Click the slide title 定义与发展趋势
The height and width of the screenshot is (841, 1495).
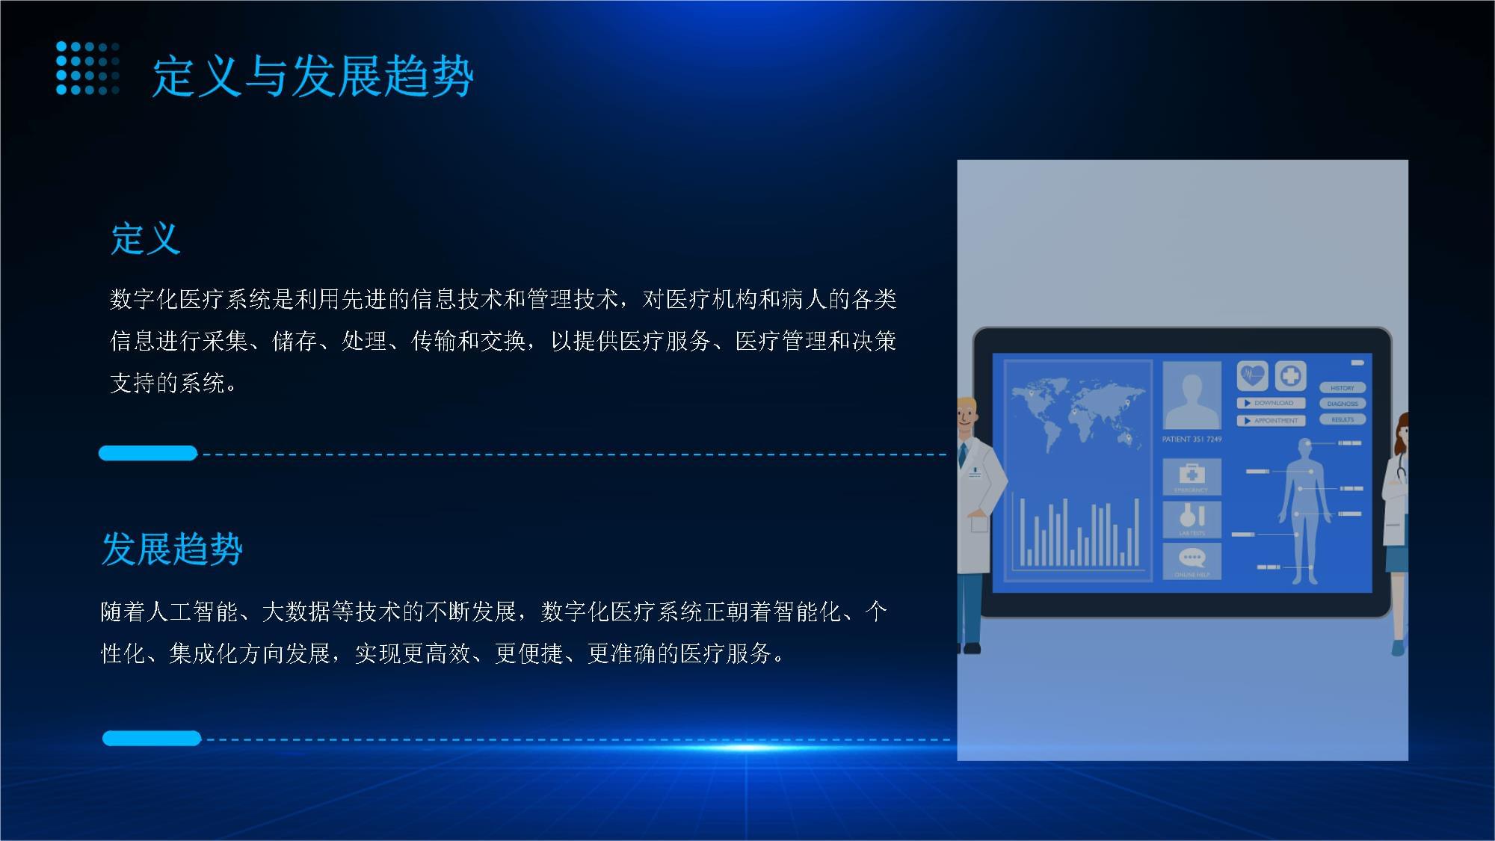(312, 76)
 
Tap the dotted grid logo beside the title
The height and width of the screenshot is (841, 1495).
(87, 69)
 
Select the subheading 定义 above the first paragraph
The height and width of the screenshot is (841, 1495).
(146, 239)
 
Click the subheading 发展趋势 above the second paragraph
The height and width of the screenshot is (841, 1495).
(172, 549)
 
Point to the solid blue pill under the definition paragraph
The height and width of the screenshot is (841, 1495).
(148, 453)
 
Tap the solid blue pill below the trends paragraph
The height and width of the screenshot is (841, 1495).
(152, 739)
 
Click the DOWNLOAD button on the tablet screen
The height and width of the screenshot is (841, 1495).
(1271, 403)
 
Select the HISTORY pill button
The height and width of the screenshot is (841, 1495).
(1343, 388)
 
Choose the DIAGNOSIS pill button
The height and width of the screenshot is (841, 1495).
(1343, 404)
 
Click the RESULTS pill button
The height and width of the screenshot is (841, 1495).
(1343, 419)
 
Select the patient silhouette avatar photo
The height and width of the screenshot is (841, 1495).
(1192, 395)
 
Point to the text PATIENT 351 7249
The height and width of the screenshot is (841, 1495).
(1192, 440)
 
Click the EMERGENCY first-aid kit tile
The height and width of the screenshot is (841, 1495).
(1192, 476)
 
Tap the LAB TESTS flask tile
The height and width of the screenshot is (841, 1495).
(1192, 519)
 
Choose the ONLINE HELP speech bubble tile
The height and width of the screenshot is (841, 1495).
(1192, 561)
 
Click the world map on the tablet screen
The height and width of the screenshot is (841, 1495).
(1076, 415)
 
